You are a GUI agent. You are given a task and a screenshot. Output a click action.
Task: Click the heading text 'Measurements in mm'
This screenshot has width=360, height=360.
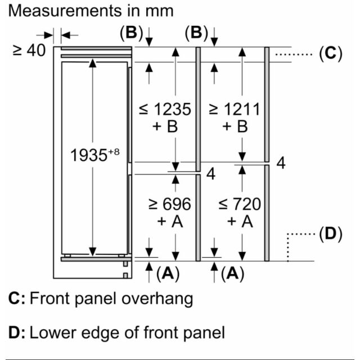91,11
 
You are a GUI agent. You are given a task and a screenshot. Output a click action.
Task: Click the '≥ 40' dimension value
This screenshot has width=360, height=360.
29,51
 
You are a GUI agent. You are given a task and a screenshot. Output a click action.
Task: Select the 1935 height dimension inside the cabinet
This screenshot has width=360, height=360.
89,155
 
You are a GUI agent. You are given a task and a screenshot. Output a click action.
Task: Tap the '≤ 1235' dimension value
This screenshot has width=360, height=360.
165,109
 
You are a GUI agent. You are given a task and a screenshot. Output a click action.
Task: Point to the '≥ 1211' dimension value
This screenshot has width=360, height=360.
235,109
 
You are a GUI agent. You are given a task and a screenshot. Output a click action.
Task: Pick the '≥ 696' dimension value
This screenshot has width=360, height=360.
170,204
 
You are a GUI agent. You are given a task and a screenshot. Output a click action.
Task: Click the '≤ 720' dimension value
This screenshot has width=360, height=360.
240,204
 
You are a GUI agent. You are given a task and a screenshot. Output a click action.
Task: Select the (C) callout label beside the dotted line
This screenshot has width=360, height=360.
331,53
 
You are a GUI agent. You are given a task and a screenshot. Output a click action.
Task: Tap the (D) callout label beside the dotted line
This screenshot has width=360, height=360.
331,234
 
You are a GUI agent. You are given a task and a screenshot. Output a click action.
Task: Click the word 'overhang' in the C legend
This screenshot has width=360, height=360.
157,299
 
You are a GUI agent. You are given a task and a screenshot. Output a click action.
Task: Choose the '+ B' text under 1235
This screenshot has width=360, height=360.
165,126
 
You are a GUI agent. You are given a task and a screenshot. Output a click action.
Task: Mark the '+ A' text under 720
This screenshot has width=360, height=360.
240,221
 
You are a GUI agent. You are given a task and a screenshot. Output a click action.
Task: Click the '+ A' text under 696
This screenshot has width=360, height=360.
170,221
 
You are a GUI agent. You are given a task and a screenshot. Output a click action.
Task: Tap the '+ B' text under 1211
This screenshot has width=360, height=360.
235,126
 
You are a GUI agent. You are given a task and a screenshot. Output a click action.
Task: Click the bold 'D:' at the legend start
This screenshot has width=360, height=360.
16,332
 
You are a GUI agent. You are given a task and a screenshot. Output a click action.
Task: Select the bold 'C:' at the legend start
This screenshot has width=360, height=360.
16,298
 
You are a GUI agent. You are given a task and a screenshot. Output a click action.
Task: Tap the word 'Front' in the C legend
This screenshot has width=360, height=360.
49,298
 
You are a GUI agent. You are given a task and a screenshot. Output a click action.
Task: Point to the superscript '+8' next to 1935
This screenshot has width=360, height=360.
114,152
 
